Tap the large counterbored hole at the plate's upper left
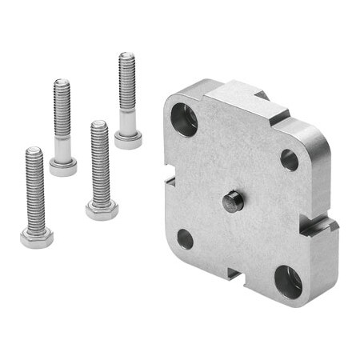coord(184,120)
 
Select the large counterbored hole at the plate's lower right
coord(288,281)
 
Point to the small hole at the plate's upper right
coord(289,159)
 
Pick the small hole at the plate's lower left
coord(185,238)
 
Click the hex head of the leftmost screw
coord(37,238)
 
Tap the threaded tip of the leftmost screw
coord(33,152)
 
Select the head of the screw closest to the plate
coord(128,141)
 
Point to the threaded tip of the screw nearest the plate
coord(126,58)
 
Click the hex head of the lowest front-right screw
coord(102,210)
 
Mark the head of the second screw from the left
coord(63,167)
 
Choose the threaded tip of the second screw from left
coord(62,84)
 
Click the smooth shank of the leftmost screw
coord(36,219)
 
